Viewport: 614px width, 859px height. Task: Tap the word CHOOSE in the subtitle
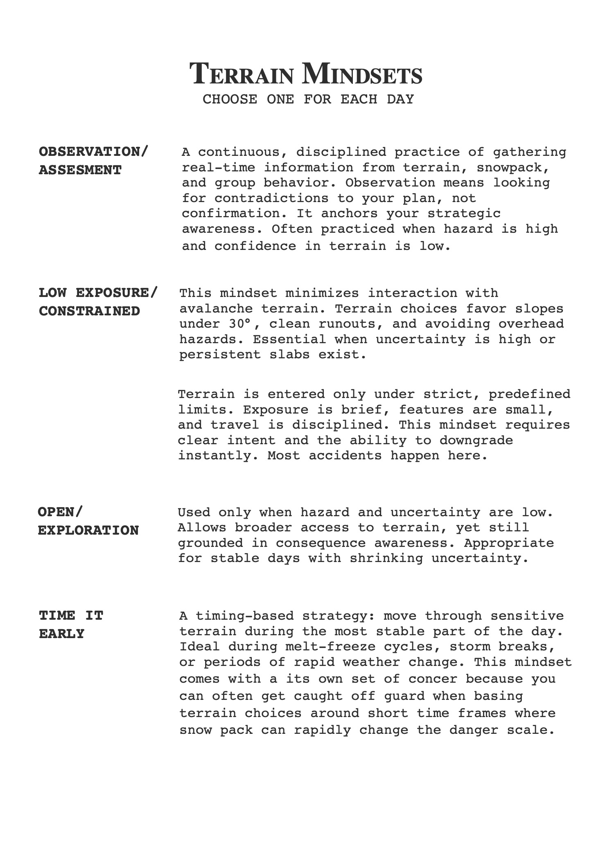pyautogui.click(x=230, y=99)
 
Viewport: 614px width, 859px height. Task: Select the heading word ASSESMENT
pyautogui.click(x=80, y=170)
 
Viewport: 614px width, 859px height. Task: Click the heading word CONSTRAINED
pyautogui.click(x=90, y=311)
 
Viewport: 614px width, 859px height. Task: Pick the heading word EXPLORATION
pyautogui.click(x=88, y=530)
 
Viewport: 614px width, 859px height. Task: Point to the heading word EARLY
pyautogui.click(x=61, y=634)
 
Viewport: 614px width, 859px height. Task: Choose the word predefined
pyautogui.click(x=529, y=394)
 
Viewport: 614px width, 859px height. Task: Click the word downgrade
pyautogui.click(x=476, y=440)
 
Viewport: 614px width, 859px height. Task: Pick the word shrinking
pyautogui.click(x=386, y=558)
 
